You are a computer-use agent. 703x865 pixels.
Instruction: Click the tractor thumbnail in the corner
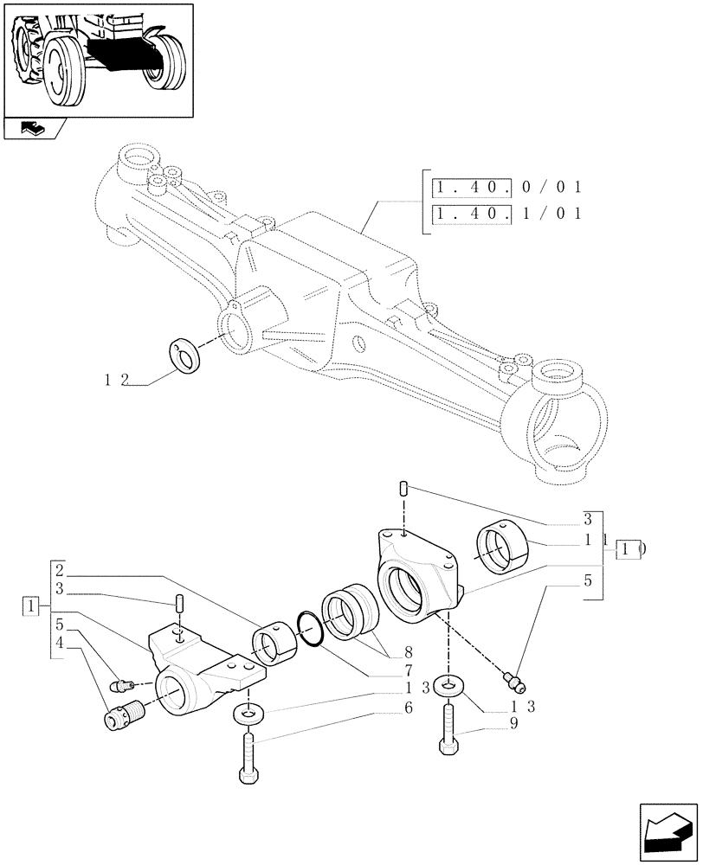pyautogui.click(x=97, y=59)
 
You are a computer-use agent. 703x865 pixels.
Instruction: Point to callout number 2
pyautogui.click(x=59, y=572)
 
